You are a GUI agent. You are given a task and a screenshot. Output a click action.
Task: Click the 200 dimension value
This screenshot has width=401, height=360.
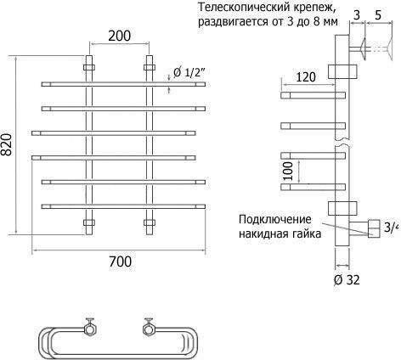click(x=120, y=36)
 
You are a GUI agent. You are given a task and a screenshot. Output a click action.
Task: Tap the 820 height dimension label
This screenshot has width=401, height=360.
click(x=7, y=144)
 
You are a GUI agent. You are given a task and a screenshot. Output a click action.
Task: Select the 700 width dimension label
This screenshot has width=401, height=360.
click(x=120, y=262)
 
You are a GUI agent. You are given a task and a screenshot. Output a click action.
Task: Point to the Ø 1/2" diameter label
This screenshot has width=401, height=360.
click(x=189, y=73)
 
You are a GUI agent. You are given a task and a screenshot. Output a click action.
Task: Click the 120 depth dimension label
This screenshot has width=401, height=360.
click(x=306, y=76)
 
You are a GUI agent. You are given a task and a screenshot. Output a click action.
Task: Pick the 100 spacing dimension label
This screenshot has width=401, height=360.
click(x=288, y=171)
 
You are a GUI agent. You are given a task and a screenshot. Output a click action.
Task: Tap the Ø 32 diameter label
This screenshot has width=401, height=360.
click(x=347, y=280)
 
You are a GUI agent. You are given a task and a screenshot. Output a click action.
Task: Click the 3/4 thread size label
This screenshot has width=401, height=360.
click(x=392, y=228)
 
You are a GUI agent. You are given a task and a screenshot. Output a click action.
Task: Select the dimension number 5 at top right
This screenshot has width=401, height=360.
click(x=378, y=15)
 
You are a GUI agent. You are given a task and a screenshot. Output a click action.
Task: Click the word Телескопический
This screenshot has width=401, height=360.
click(x=239, y=8)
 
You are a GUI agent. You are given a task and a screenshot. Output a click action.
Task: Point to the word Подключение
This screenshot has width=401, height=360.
click(x=275, y=220)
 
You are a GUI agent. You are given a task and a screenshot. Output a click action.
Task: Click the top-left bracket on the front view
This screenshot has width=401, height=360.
click(x=89, y=68)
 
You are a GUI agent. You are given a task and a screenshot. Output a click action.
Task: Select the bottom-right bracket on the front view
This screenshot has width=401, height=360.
click(x=150, y=222)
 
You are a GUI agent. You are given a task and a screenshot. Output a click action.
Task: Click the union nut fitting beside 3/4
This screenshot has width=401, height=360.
click(x=374, y=228)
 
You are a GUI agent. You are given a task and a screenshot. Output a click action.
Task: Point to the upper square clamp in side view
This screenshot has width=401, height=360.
click(x=342, y=71)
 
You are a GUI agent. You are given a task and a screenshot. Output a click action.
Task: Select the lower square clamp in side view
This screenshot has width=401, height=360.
click(x=342, y=209)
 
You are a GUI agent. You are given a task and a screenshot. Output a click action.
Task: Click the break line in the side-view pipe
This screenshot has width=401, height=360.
click(x=342, y=139)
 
